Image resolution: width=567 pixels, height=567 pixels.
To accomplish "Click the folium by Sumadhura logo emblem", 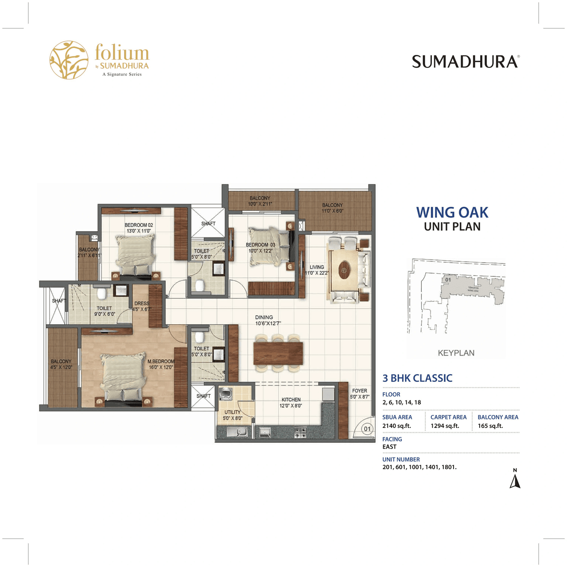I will pos(69,60).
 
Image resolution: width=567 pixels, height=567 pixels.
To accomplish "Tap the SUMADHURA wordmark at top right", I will pos(465,62).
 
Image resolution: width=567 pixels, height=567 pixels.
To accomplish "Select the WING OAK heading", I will pos(452,213).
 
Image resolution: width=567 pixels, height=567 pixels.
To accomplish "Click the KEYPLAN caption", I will pos(456,353).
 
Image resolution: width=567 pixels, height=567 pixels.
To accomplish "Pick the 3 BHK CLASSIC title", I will pos(417,378).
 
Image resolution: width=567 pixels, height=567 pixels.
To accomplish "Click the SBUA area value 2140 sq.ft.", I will pos(396,426).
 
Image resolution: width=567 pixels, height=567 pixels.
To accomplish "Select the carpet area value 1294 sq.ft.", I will pos(445,426).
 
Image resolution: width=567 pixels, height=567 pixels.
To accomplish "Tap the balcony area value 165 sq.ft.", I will pos(490,426).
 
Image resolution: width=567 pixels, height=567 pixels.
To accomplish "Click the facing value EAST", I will pos(389,447).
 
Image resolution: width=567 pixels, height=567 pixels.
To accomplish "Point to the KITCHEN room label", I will pos(291,400).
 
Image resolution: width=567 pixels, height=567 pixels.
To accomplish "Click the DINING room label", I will pos(264,317).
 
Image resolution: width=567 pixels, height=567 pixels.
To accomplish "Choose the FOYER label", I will pos(359,391).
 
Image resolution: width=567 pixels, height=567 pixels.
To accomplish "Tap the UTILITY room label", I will pos(232,412).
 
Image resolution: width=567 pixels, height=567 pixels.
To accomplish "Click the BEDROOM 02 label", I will pos(139,225).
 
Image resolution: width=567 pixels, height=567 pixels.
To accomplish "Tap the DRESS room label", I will pos(142,303).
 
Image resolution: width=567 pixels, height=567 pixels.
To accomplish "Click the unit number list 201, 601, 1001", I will pos(419,467).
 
